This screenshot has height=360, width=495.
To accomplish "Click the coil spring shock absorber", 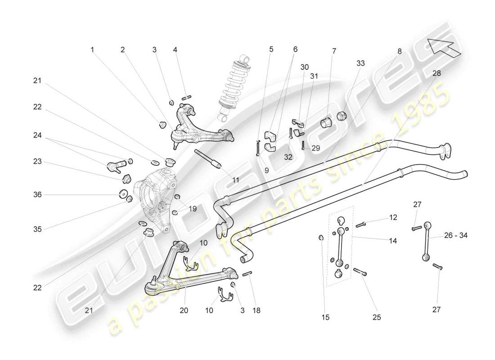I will pos(233,88).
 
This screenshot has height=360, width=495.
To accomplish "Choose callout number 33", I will pos(361,63).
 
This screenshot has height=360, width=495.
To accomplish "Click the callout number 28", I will pos(436,73).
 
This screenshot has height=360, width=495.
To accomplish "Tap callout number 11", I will pos(236,180).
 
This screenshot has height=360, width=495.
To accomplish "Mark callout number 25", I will pos(377,317).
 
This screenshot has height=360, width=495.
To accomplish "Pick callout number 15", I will pos(325,317).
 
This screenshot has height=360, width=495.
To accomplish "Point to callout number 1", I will pos(92,50).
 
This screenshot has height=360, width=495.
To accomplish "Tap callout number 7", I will pos(334,51).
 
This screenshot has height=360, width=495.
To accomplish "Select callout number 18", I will pos(256,310).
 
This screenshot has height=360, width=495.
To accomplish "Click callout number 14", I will pos(393,241).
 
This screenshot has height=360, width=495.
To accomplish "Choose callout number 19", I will pos(193,208).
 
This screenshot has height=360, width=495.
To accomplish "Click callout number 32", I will pos(288,157).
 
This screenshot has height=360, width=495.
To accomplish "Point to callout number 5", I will pos(271,49).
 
